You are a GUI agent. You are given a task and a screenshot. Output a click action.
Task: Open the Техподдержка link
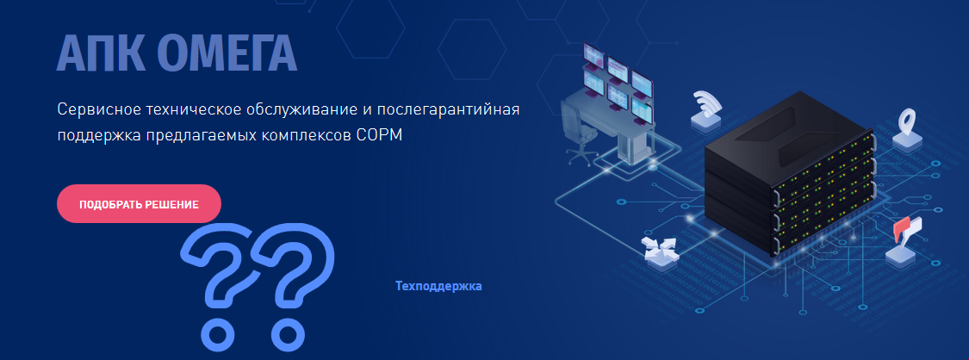[438, 287]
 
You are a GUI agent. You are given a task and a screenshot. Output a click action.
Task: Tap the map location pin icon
[907, 121]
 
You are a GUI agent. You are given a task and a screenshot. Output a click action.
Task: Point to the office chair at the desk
[578, 131]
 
